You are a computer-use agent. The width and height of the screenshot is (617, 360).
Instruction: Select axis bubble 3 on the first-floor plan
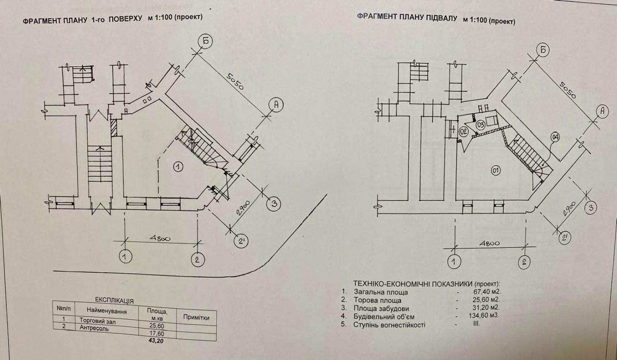(274, 204)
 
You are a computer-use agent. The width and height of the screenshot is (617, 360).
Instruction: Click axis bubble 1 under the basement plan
(453, 263)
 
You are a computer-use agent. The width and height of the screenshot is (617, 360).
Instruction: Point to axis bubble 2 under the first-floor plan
(197, 259)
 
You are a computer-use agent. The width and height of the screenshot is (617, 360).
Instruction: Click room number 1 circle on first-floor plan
(178, 167)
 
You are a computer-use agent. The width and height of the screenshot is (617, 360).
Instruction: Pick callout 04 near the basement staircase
(555, 137)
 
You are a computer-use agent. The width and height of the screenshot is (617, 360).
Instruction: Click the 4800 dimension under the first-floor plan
(161, 238)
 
